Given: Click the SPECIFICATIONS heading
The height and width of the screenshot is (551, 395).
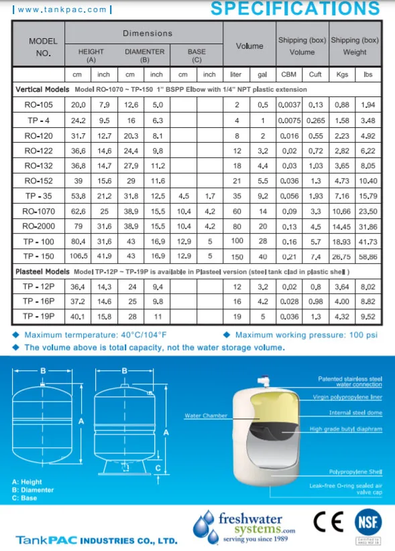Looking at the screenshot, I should (x=295, y=9).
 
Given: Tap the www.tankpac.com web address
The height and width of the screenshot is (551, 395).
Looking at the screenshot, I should (x=56, y=9).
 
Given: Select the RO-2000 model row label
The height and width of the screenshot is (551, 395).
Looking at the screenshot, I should (x=38, y=226).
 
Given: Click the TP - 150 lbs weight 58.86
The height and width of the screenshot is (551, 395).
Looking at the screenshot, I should (x=368, y=256).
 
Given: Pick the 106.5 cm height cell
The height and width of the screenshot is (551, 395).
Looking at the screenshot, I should (x=78, y=256).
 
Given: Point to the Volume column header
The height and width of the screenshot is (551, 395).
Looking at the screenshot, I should (x=249, y=46).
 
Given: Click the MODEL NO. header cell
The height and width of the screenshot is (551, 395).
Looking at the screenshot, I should (x=38, y=46).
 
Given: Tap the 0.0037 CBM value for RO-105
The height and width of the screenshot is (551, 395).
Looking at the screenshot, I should (x=289, y=105).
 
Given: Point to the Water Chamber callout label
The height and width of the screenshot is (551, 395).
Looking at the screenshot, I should (x=206, y=416).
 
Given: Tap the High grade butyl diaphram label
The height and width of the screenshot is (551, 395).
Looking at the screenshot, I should (x=345, y=428).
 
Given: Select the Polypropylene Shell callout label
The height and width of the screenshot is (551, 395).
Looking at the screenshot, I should (x=356, y=472).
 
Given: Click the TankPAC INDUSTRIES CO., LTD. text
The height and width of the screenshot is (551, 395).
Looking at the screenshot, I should (x=97, y=540).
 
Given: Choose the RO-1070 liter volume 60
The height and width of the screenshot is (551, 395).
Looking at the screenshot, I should (x=237, y=211).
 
